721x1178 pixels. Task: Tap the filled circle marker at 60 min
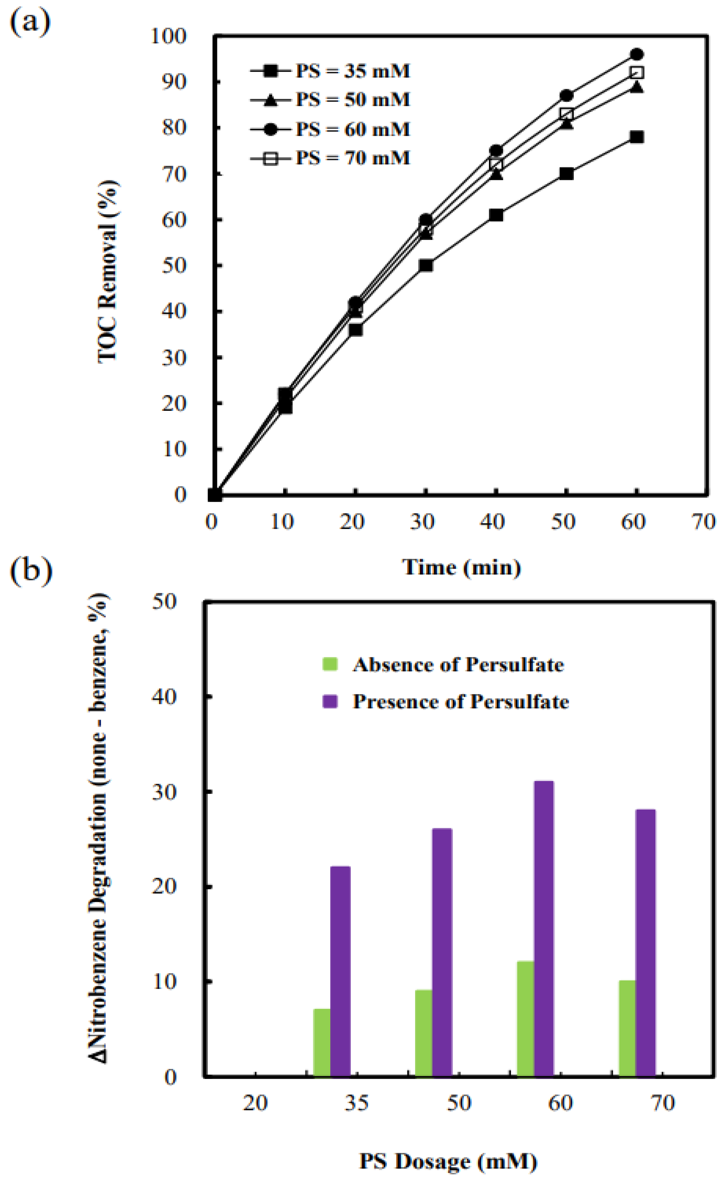coord(636,54)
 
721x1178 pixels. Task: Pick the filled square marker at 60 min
coord(636,137)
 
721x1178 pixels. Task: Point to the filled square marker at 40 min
coord(496,215)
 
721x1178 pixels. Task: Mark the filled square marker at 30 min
coord(426,265)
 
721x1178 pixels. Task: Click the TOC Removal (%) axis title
coord(108,272)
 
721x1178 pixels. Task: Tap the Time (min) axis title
coord(461,567)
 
